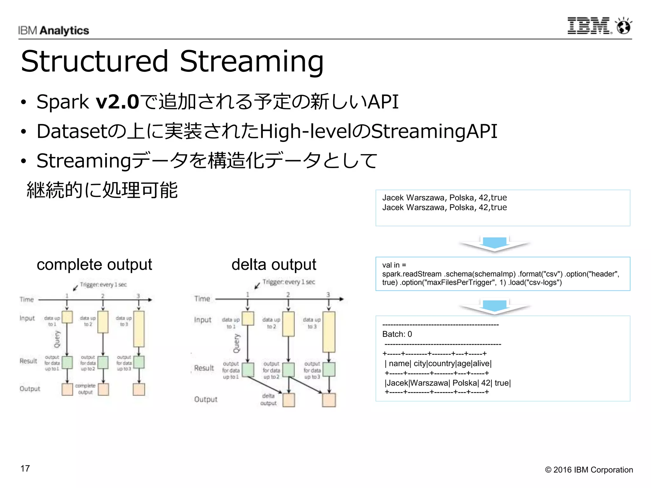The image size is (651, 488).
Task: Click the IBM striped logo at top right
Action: [589, 26]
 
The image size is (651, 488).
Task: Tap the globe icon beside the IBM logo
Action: [624, 26]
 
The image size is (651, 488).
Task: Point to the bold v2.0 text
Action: [117, 102]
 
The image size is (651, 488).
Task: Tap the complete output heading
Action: [94, 264]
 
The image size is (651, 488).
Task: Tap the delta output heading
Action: [274, 264]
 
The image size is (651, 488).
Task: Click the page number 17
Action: [25, 468]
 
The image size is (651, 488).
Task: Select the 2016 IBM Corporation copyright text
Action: [589, 470]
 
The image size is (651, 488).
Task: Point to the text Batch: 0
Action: [397, 334]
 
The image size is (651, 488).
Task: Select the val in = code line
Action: [394, 265]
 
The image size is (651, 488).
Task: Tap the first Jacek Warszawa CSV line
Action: [444, 198]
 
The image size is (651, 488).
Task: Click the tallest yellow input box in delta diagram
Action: [329, 332]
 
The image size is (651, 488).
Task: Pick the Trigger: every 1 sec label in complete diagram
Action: [103, 284]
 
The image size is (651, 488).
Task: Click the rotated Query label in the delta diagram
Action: [237, 343]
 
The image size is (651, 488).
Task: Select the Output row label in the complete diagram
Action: [30, 389]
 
